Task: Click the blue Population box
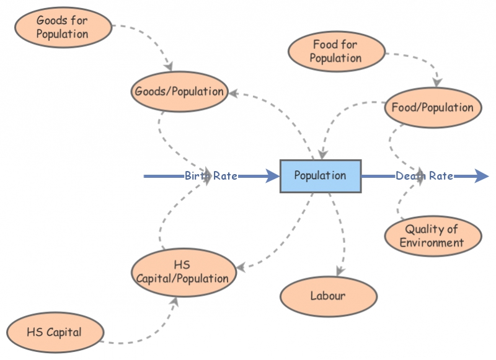[x=320, y=176]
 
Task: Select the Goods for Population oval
[x=62, y=27]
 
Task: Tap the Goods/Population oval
[x=179, y=92]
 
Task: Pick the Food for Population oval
[x=335, y=51]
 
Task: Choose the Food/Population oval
[x=432, y=107]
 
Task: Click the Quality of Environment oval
[x=432, y=236]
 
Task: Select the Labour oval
[x=328, y=296]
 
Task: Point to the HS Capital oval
[x=54, y=332]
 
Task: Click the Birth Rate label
[x=211, y=176]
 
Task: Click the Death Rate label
[x=425, y=176]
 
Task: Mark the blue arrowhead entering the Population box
[x=273, y=177]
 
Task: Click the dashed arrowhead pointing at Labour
[x=339, y=271]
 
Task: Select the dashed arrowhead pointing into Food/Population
[x=438, y=82]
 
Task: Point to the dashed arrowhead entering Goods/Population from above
[x=169, y=67]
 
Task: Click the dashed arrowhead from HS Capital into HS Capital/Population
[x=175, y=302]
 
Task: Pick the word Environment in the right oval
[x=432, y=242]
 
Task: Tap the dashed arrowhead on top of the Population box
[x=321, y=155]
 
